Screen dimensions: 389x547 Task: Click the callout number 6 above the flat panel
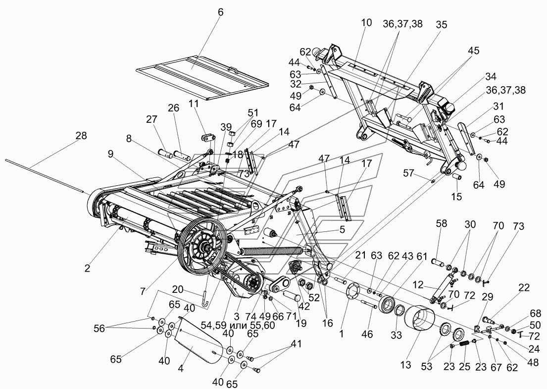pyautogui.click(x=221, y=12)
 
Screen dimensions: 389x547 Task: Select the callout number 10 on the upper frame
pyautogui.click(x=366, y=23)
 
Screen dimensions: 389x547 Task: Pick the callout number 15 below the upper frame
pyautogui.click(x=456, y=196)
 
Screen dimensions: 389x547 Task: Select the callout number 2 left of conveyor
pyautogui.click(x=87, y=269)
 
